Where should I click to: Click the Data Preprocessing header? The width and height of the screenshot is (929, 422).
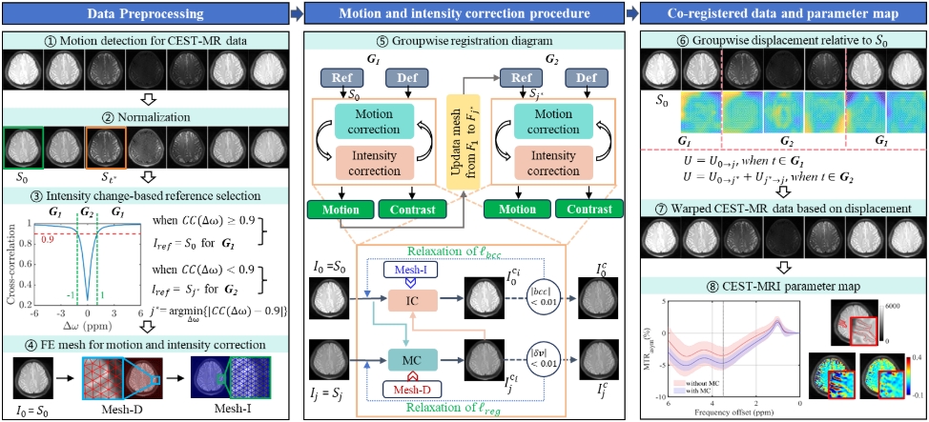(143, 12)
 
